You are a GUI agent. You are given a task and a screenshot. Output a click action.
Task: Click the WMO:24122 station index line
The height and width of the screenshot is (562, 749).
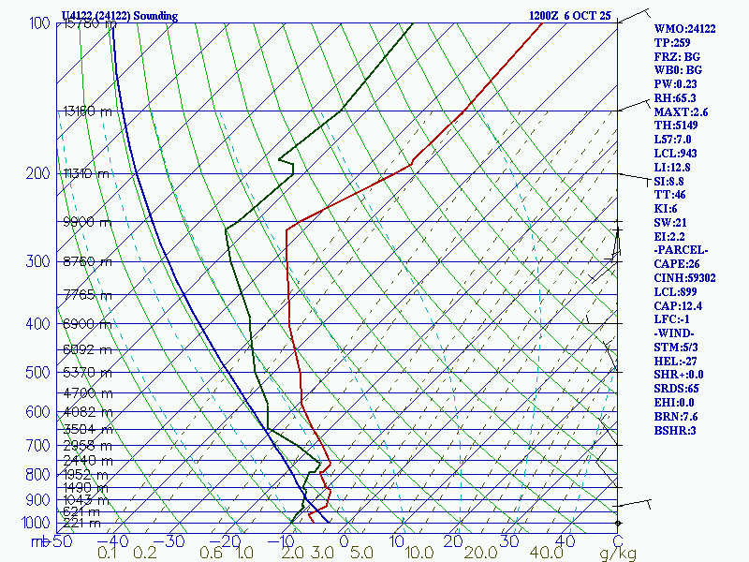(684, 29)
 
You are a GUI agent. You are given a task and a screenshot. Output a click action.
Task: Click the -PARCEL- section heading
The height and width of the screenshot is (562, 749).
(682, 250)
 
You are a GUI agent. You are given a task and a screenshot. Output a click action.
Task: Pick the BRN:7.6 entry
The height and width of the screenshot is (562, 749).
(676, 416)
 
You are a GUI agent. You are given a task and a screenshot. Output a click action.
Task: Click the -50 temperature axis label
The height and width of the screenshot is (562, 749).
(62, 541)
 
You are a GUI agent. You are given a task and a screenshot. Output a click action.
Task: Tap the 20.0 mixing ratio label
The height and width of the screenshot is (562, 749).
(459, 554)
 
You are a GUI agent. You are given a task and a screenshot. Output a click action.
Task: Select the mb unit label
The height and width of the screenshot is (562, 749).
(39, 541)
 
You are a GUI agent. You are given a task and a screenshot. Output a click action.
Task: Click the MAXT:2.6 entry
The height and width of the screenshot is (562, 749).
(681, 111)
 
